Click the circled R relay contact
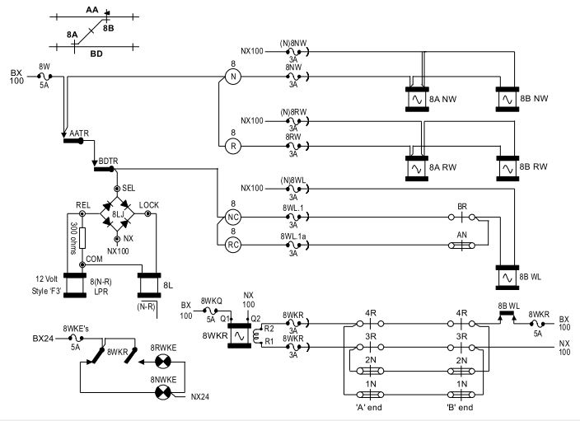(x=233, y=145)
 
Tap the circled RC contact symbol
(x=233, y=244)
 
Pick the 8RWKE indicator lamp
(x=159, y=360)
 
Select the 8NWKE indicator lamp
(x=159, y=393)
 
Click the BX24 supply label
(x=43, y=339)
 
